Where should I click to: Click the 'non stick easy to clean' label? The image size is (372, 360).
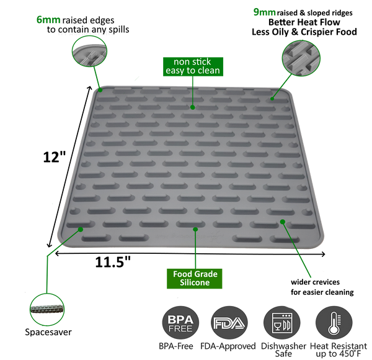pyautogui.click(x=192, y=66)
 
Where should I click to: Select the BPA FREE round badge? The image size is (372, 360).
pyautogui.click(x=180, y=323)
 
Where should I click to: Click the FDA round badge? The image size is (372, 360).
pyautogui.click(x=230, y=323)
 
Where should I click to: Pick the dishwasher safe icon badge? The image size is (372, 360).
pyautogui.click(x=282, y=323)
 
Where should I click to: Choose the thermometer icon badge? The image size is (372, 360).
pyautogui.click(x=334, y=323)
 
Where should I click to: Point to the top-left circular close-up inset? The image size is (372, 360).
pyautogui.click(x=89, y=52)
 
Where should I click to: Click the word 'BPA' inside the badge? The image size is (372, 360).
pyautogui.click(x=180, y=319)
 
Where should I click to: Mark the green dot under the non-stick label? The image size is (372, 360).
pyautogui.click(x=193, y=107)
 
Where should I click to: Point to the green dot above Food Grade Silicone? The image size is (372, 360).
pyautogui.click(x=195, y=229)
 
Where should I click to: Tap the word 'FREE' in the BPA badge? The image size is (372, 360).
pyautogui.click(x=180, y=328)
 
